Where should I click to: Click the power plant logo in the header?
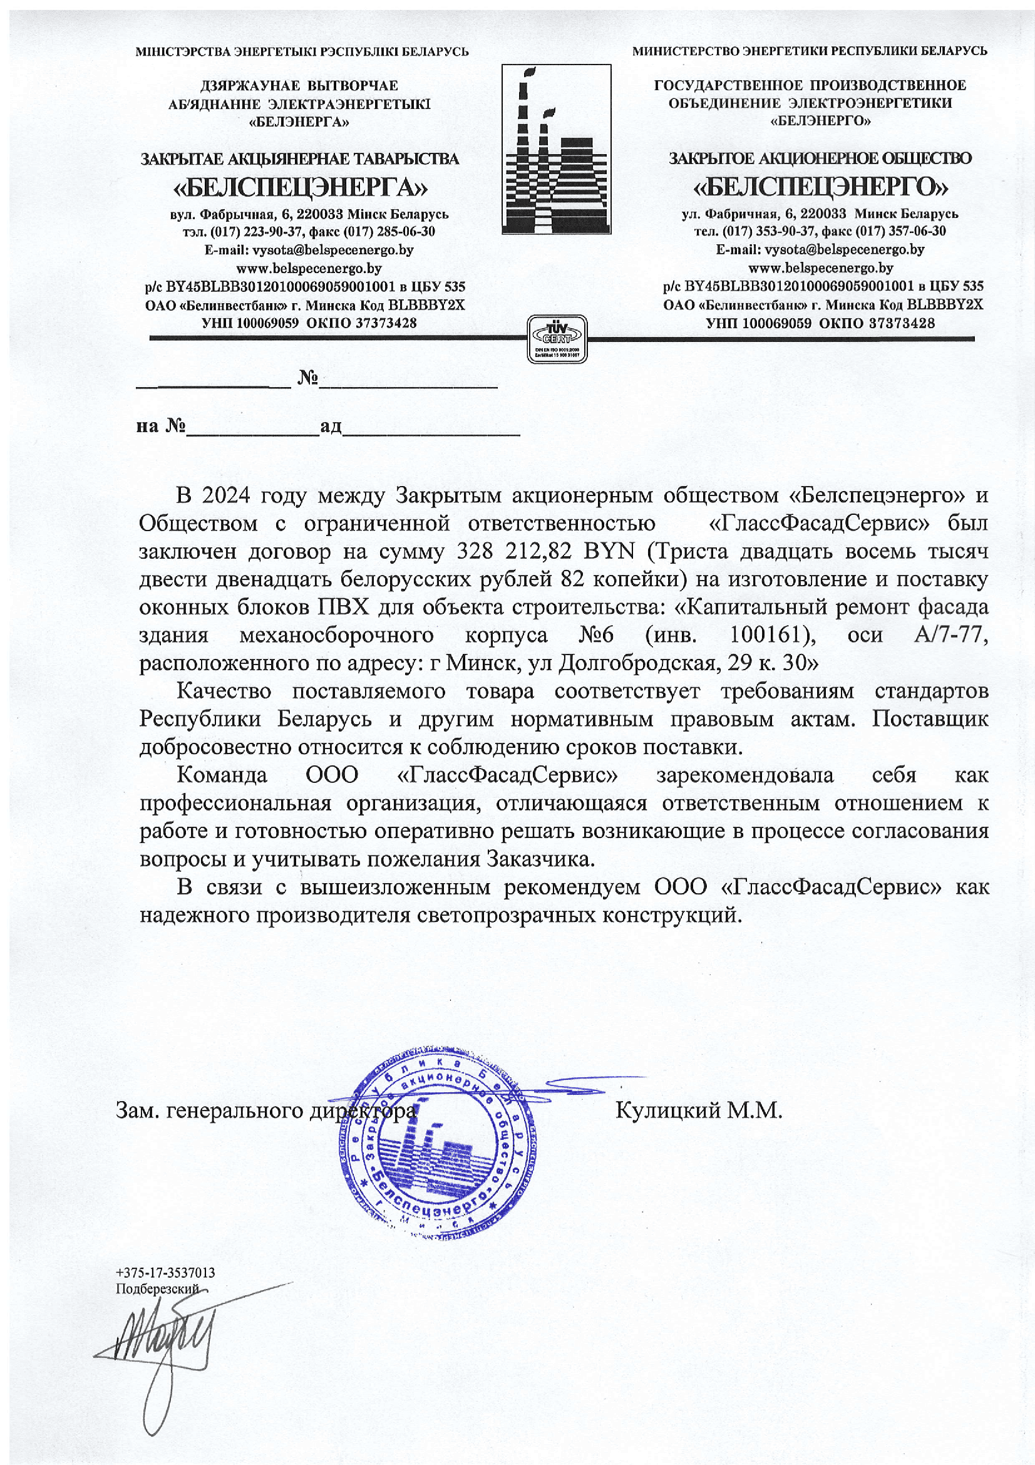click(x=556, y=148)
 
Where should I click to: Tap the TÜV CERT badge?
click(x=557, y=339)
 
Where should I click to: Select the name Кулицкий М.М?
click(x=698, y=1111)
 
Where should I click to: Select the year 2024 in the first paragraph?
click(x=222, y=495)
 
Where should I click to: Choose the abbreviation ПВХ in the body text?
click(x=344, y=607)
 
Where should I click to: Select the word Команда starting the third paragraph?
click(x=222, y=775)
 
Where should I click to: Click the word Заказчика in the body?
click(x=541, y=859)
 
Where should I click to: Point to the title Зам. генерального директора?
click(x=265, y=1111)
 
